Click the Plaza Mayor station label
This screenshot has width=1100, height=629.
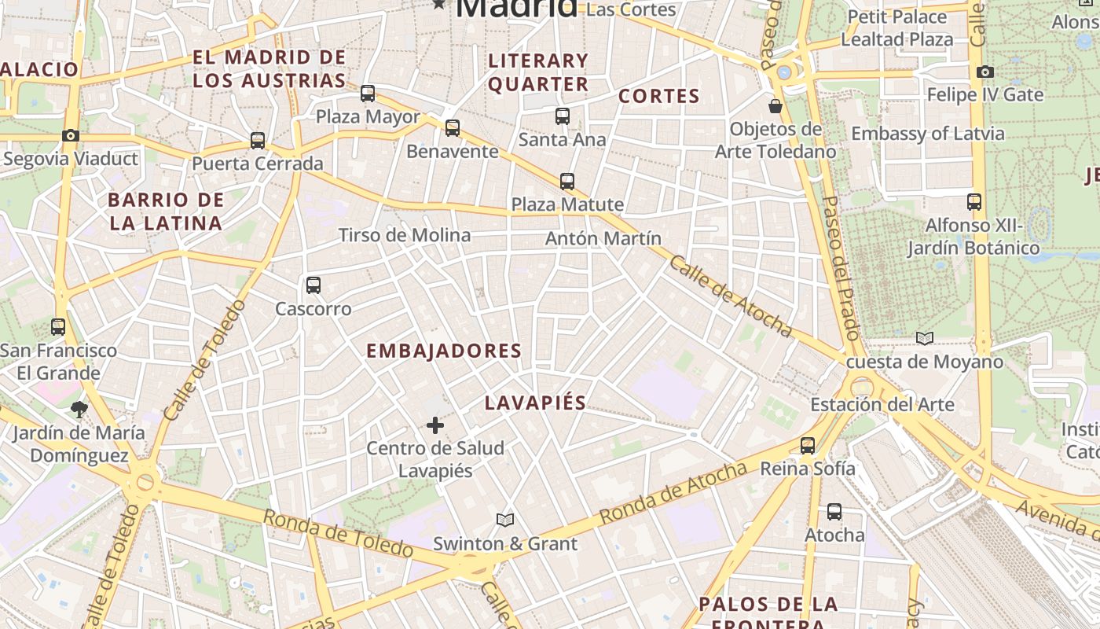pos(368,117)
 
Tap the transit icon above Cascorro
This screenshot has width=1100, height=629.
pos(313,285)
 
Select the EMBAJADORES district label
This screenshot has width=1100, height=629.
pos(444,351)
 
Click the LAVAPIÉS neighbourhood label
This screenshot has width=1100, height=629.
pos(536,403)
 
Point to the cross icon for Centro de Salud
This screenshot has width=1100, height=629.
pos(435,425)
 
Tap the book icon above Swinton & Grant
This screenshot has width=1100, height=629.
pos(505,520)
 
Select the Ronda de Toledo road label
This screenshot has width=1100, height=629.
pos(338,533)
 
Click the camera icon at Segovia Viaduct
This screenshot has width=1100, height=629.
pos(71,136)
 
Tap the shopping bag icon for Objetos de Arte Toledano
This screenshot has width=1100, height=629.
pos(775,106)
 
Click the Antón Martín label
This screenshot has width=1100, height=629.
pos(603,238)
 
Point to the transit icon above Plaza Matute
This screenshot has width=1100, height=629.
pos(567,182)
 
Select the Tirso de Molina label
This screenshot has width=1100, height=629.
pos(405,235)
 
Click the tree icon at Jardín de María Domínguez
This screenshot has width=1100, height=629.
pos(79,409)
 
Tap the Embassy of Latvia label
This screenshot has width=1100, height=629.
pos(927,134)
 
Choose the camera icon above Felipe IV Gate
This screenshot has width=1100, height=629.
pos(985,72)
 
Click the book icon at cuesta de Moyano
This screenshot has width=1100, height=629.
pos(925,339)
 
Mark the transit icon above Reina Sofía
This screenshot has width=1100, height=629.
pos(808,446)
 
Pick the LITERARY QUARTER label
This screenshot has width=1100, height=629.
pos(538,72)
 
